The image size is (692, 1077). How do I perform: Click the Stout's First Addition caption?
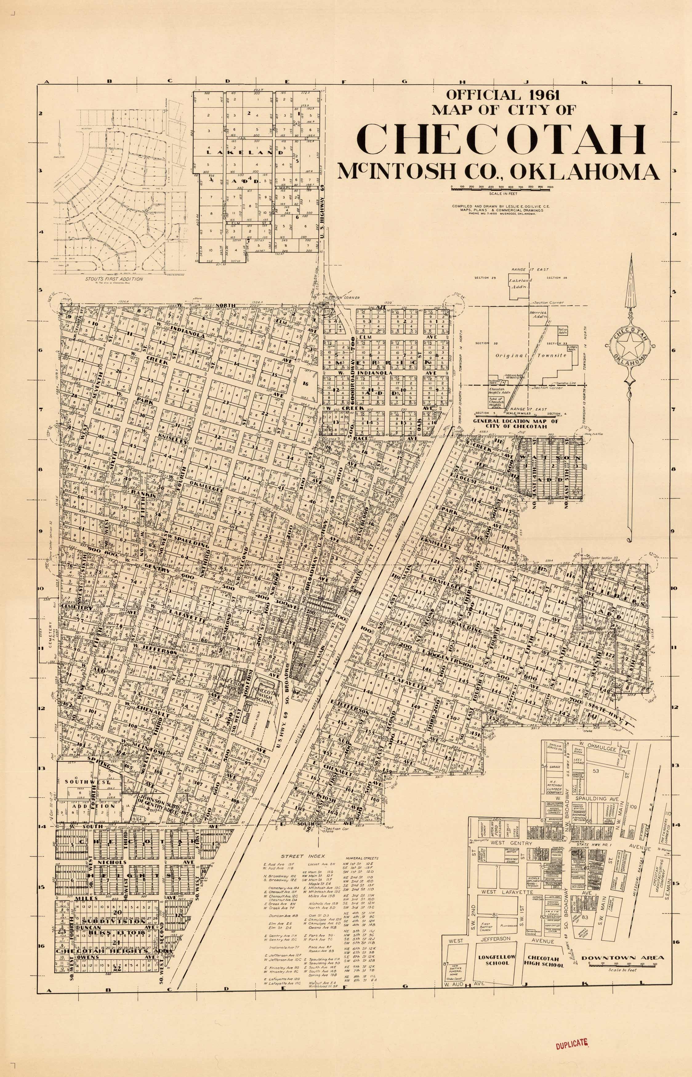click(x=114, y=279)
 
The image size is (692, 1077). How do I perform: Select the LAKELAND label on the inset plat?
click(x=245, y=152)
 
